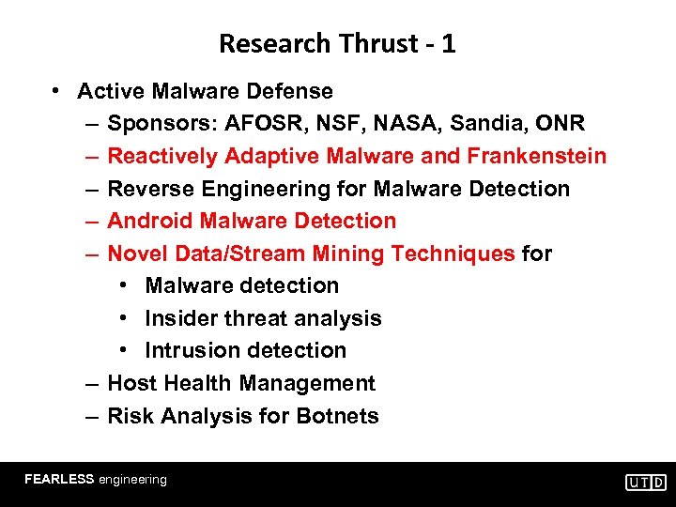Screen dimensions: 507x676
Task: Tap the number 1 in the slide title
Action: click(x=448, y=43)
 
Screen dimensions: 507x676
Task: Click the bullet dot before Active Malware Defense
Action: click(x=57, y=91)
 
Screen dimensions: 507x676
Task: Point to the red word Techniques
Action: click(x=453, y=253)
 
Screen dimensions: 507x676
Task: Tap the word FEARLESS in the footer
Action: click(x=59, y=479)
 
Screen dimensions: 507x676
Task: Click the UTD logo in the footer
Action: click(x=646, y=482)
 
